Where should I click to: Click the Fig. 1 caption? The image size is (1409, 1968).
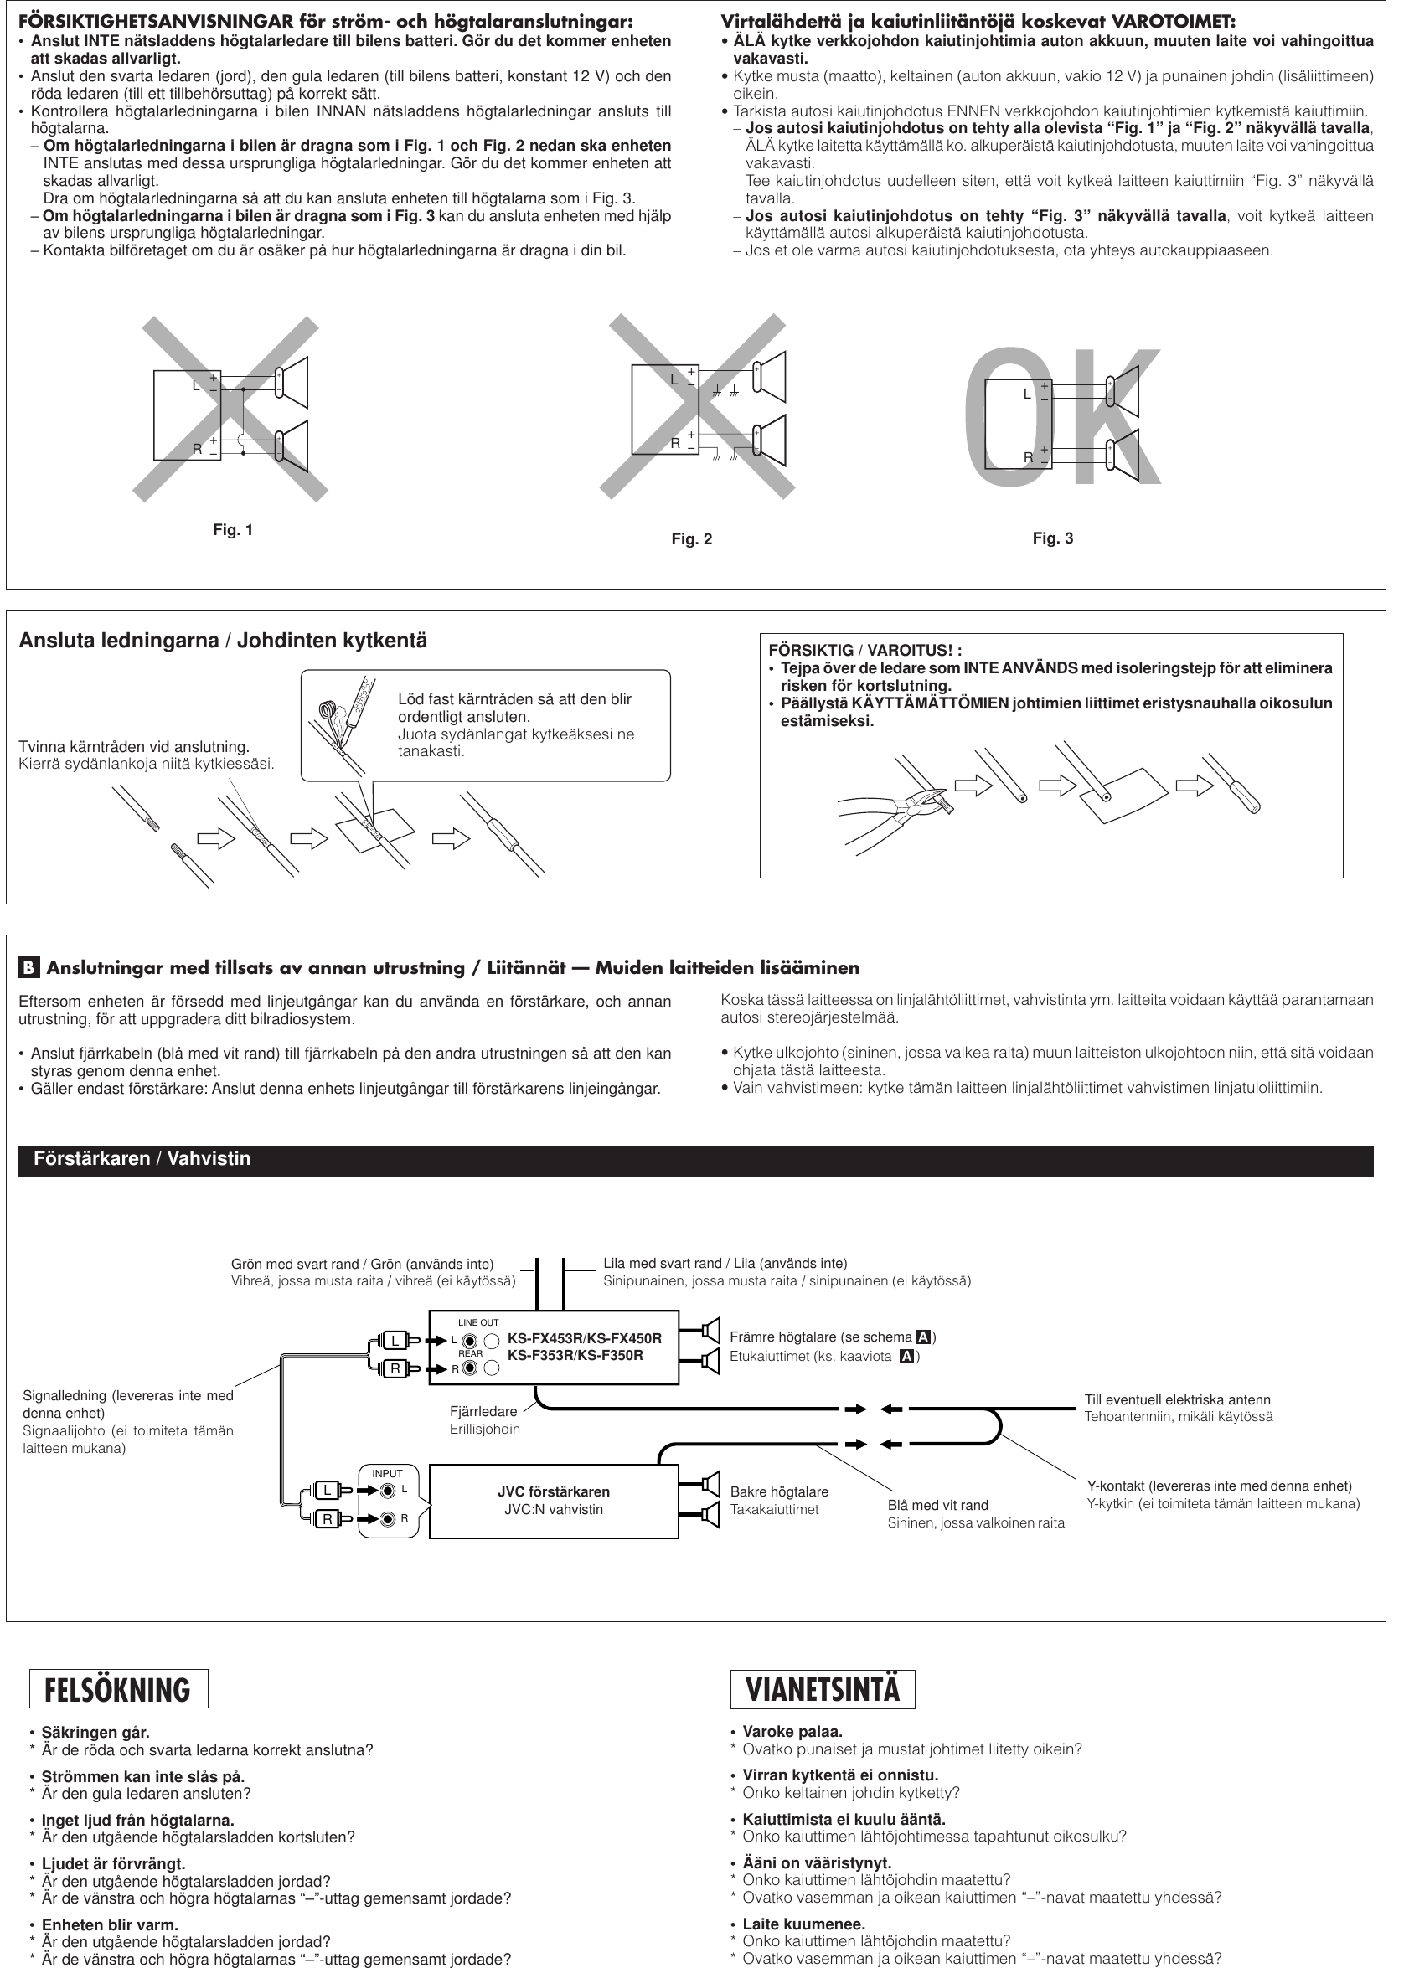pyautogui.click(x=233, y=530)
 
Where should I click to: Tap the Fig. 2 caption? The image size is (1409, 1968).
pyautogui.click(x=691, y=539)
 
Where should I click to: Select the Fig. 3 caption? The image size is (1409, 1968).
pyautogui.click(x=1052, y=538)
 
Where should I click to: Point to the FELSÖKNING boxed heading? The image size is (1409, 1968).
pyautogui.click(x=118, y=1690)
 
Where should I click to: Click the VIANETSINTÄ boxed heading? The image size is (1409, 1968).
pyautogui.click(x=823, y=1690)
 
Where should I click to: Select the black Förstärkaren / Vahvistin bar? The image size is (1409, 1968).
pyautogui.click(x=695, y=1161)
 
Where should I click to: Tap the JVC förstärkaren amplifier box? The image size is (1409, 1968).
pyautogui.click(x=554, y=1501)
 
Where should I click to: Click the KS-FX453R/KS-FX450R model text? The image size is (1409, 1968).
pyautogui.click(x=584, y=1338)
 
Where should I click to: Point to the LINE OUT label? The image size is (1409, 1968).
pyautogui.click(x=478, y=1322)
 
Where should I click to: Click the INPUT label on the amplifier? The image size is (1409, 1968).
pyautogui.click(x=387, y=1474)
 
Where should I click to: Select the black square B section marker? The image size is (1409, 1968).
pyautogui.click(x=28, y=968)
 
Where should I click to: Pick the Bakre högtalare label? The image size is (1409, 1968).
pyautogui.click(x=778, y=1491)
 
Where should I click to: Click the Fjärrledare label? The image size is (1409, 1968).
pyautogui.click(x=483, y=1411)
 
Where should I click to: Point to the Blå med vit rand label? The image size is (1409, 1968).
pyautogui.click(x=937, y=1505)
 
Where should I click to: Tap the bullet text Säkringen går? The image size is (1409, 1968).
pyautogui.click(x=95, y=1733)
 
